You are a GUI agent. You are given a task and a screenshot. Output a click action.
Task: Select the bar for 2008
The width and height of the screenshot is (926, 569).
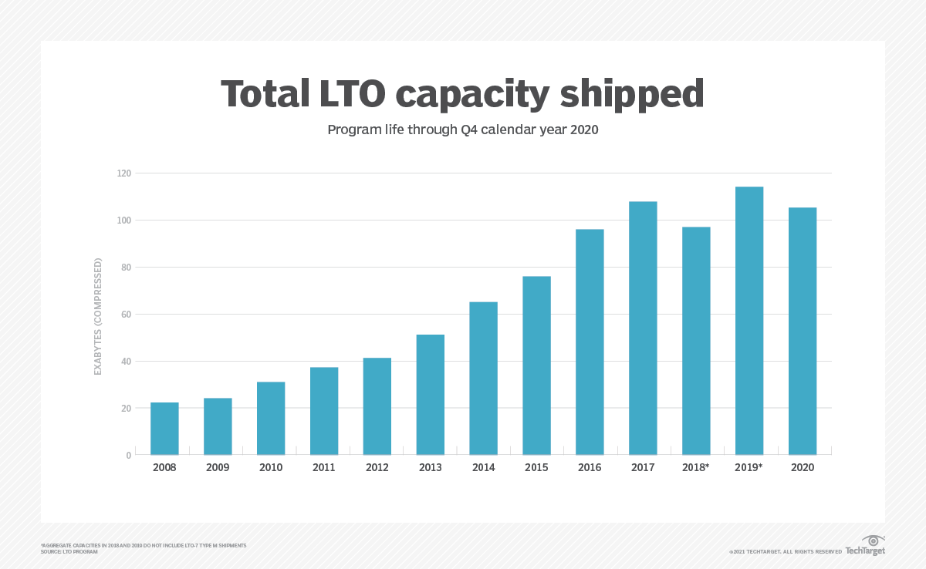coord(164,429)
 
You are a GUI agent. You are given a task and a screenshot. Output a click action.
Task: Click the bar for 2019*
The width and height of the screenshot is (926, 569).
coord(749,321)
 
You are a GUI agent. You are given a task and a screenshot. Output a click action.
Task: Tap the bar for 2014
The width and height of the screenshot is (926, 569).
coord(483,378)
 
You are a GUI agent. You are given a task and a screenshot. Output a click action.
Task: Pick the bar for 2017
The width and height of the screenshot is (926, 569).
coord(643,328)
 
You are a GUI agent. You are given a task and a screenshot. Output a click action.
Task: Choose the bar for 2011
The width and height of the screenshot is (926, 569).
coord(324,411)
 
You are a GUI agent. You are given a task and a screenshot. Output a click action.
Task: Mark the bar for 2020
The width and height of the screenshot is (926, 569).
coord(803,331)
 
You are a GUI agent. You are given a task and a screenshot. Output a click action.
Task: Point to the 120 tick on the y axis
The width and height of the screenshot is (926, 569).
coord(123,173)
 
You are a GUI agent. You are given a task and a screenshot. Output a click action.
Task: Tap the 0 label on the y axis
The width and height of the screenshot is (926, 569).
coord(128,456)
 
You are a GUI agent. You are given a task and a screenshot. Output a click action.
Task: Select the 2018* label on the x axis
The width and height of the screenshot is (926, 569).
coord(696,468)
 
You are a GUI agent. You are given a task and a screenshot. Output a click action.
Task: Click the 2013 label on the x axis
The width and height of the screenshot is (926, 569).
coord(430,468)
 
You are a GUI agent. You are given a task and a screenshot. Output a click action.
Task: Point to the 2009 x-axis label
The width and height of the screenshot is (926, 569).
coord(218,468)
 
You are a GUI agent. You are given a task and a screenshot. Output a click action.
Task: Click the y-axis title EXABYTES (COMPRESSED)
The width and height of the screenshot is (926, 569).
coord(98,317)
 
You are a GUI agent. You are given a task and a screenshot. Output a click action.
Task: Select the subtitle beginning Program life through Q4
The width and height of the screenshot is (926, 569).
coord(463,130)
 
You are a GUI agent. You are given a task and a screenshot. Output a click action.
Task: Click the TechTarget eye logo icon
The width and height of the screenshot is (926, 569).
coord(874,540)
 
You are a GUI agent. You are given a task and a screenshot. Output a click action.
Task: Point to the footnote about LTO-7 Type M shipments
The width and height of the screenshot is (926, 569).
coord(144,545)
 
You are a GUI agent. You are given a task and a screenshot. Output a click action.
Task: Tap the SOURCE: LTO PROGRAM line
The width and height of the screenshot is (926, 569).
coord(69,552)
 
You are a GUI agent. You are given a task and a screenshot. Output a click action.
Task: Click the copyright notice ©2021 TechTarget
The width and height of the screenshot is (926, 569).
coord(785,552)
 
